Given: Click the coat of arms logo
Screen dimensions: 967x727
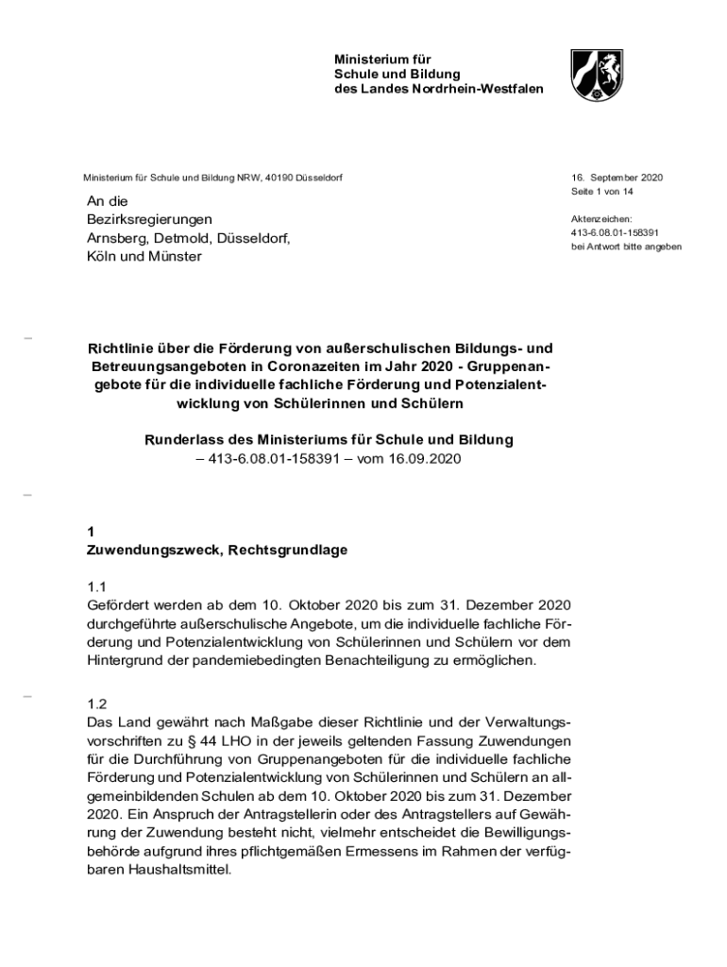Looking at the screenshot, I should (596, 76).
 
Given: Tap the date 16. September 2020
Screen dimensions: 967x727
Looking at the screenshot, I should (617, 178).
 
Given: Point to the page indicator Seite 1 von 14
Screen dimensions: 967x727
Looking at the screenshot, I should (601, 192).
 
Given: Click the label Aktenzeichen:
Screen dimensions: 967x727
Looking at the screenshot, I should (601, 219).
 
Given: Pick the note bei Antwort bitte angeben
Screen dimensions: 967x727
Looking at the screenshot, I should (626, 246).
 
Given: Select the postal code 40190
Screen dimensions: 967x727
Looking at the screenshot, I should (280, 178).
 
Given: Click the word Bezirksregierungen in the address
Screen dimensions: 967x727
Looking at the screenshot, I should (150, 219).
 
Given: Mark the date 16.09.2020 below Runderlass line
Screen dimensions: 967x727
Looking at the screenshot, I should (425, 458).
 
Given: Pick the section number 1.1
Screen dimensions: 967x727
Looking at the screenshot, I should (97, 586).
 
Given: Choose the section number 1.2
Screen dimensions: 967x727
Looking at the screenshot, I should (97, 704).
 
